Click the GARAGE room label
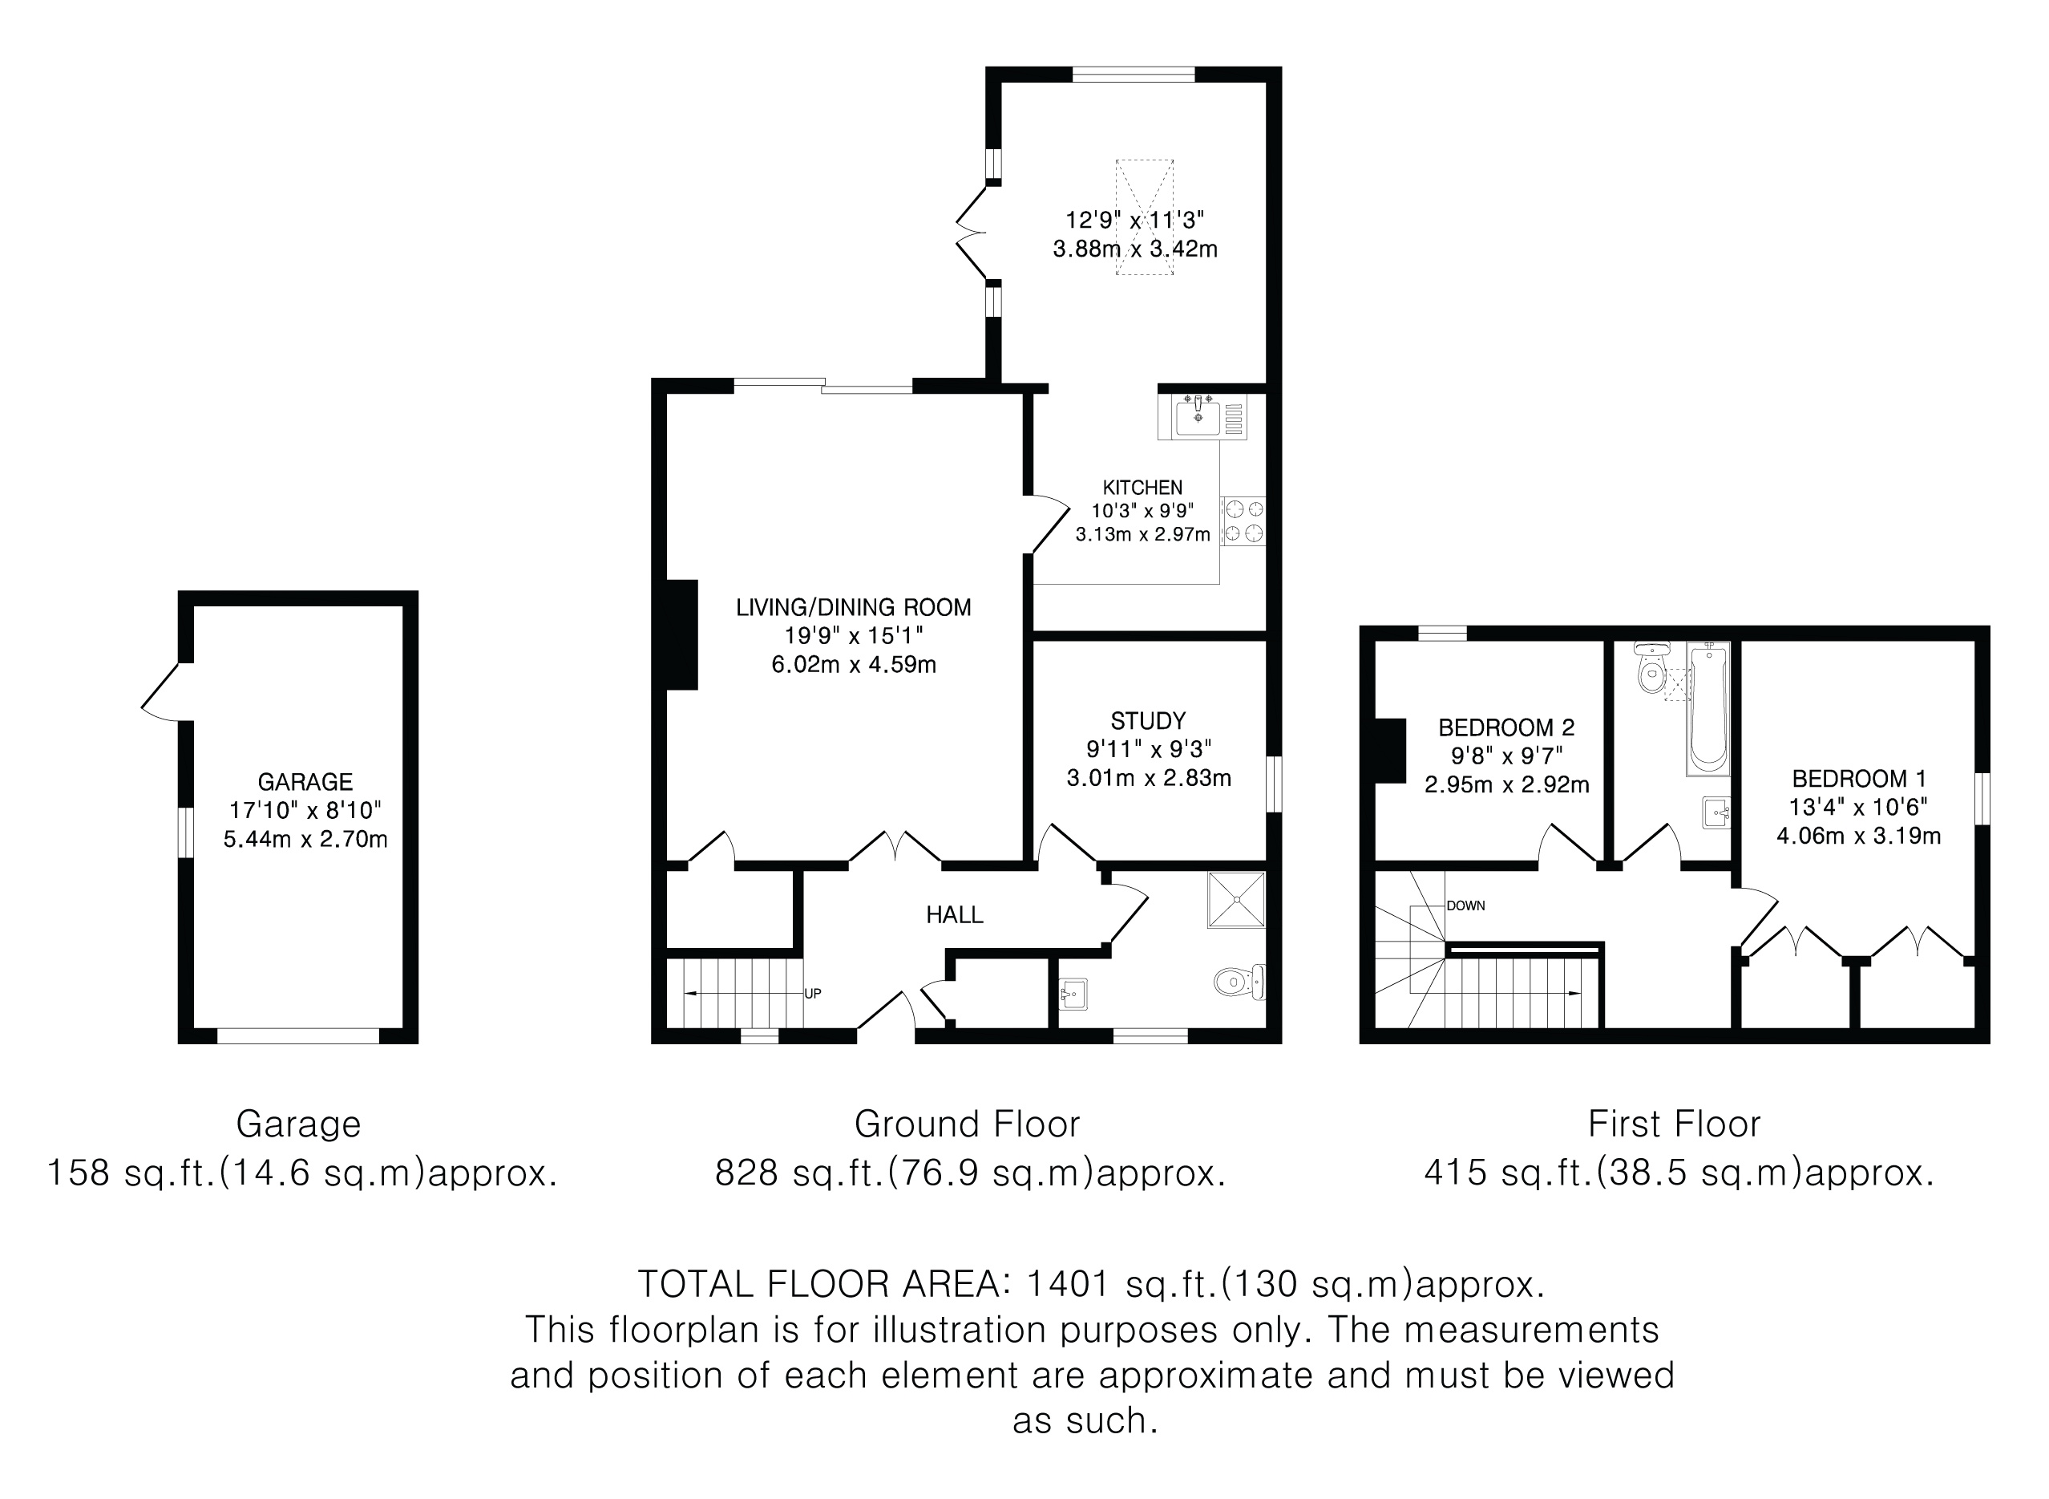(305, 781)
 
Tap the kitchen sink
(1202, 416)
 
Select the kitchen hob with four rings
(1243, 521)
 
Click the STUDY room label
(1148, 720)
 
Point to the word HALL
(954, 914)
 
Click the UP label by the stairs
(813, 994)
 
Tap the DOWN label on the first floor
(1465, 905)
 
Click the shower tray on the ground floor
(1236, 900)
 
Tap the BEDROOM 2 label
(1506, 727)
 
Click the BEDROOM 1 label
(1858, 778)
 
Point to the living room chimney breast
(682, 634)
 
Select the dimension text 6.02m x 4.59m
(854, 664)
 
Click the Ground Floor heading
(967, 1124)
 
